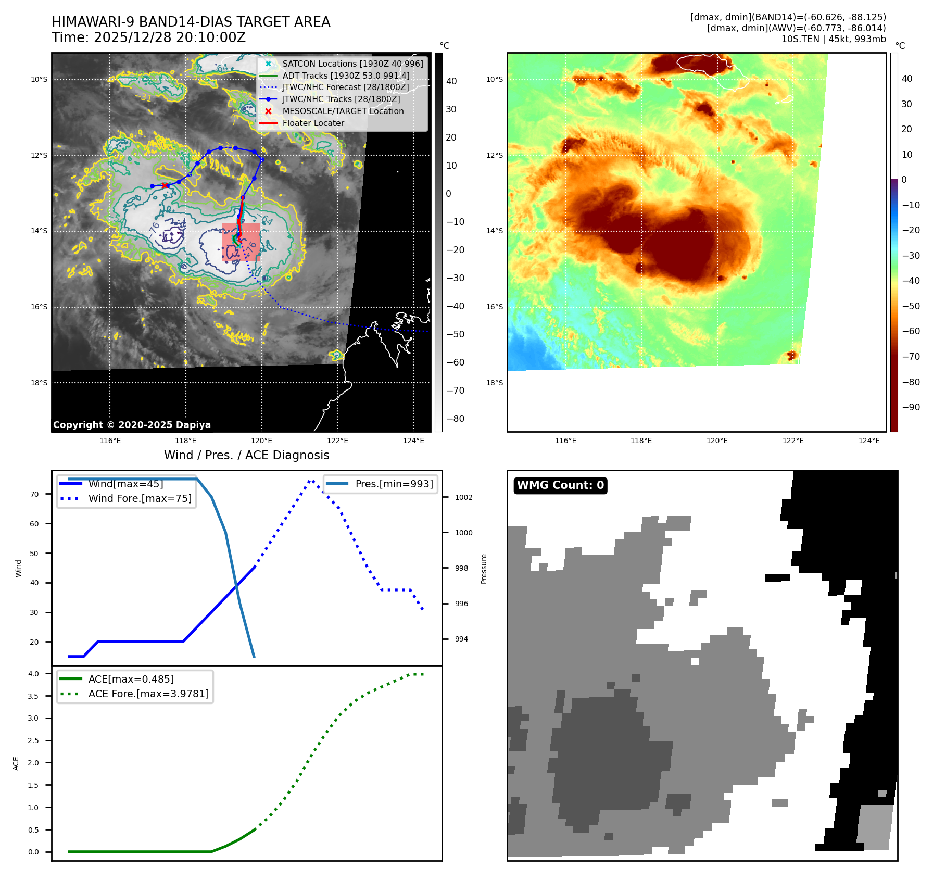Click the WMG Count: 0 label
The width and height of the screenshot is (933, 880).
[560, 485]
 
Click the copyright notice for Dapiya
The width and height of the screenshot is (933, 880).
[132, 425]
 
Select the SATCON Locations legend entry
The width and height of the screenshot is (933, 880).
[352, 64]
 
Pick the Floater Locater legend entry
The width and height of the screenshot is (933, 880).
[313, 123]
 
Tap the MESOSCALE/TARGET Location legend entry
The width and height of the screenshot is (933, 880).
[343, 111]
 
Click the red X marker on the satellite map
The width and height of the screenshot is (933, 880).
[165, 186]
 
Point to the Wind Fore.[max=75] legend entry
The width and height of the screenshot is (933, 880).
[140, 499]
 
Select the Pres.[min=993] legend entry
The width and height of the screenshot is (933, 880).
[394, 484]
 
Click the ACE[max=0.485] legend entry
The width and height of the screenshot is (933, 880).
[131, 679]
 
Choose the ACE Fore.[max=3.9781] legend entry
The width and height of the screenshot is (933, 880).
[148, 694]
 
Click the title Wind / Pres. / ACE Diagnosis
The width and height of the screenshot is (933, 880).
[246, 456]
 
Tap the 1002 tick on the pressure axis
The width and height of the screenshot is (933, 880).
[463, 497]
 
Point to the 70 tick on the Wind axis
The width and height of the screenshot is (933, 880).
[34, 494]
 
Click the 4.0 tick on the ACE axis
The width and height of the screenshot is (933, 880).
[33, 674]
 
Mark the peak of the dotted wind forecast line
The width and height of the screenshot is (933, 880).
[311, 481]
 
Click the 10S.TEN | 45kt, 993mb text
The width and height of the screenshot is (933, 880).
[833, 39]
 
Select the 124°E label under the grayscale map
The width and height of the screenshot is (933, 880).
[413, 441]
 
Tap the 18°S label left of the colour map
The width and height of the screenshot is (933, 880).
[495, 383]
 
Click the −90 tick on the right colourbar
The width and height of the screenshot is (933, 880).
[911, 407]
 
